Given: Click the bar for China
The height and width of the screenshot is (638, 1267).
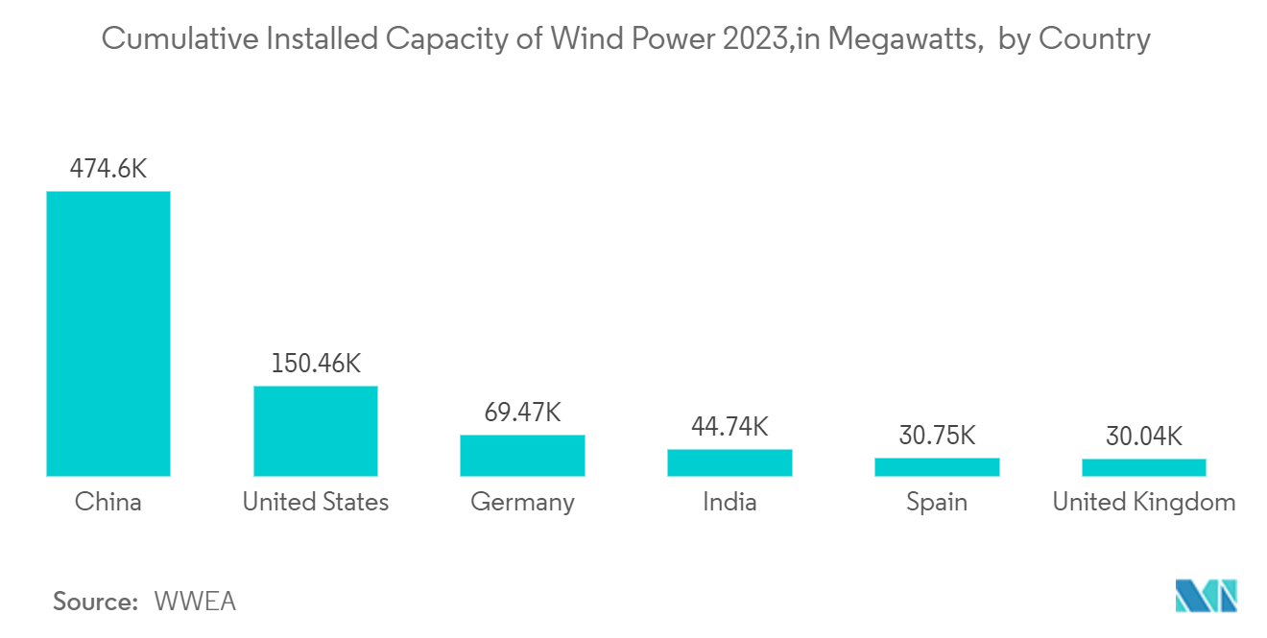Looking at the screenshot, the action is (x=108, y=334).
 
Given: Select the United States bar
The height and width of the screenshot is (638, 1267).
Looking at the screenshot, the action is (x=316, y=431).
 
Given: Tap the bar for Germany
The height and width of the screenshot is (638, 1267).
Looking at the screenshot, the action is (x=522, y=456).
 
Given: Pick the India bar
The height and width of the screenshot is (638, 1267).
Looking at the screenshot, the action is (x=729, y=462).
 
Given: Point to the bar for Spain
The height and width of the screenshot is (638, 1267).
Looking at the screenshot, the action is (x=937, y=467).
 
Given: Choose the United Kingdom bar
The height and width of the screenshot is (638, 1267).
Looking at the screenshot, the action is (x=1144, y=468).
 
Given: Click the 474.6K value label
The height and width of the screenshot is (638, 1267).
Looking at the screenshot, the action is (x=108, y=169).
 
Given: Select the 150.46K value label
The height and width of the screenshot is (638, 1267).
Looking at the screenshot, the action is (x=316, y=363).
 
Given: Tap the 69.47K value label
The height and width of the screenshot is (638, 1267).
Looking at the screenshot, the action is (x=522, y=412).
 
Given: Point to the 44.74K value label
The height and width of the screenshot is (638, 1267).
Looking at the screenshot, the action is (x=729, y=427).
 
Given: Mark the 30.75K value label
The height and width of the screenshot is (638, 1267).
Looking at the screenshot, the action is (x=937, y=436).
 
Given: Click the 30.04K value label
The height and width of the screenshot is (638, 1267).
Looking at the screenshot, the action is (x=1144, y=437).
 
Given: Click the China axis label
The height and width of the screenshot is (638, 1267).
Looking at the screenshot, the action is (x=108, y=502).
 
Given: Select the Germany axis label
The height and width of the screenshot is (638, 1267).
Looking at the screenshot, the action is (x=522, y=503).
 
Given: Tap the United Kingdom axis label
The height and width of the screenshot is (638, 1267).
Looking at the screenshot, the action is (x=1144, y=503).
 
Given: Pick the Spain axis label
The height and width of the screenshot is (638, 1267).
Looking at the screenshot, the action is (x=937, y=503).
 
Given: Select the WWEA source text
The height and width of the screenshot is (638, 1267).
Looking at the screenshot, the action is (x=195, y=602).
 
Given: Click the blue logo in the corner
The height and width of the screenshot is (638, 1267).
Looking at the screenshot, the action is (x=1206, y=596).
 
